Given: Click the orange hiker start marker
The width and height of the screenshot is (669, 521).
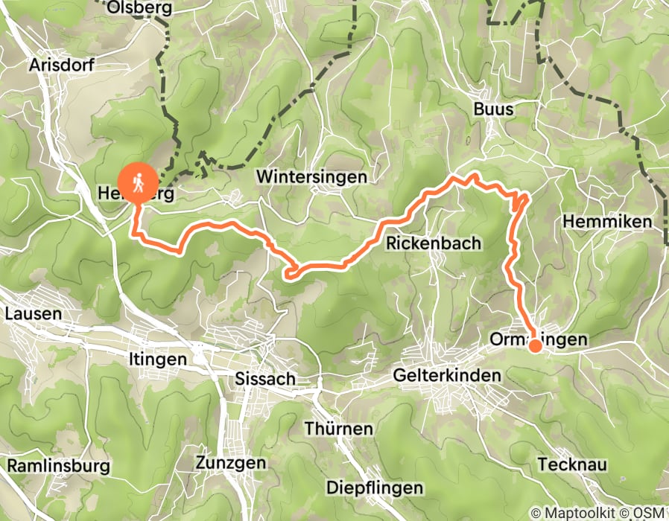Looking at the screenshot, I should [x=138, y=182].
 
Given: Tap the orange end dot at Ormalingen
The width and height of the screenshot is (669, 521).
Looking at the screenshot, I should [x=535, y=345].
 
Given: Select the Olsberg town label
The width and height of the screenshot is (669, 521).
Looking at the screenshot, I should [x=139, y=8].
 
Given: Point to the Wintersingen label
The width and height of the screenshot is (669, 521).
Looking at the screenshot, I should [x=311, y=176].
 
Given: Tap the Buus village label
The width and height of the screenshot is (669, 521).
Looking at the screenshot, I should [x=493, y=109].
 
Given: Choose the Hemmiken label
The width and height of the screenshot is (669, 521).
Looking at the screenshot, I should [x=607, y=221].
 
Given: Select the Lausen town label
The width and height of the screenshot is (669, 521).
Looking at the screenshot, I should [x=33, y=313].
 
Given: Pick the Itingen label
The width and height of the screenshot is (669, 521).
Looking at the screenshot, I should [x=156, y=359].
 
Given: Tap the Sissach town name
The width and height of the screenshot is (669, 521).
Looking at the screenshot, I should [x=264, y=379].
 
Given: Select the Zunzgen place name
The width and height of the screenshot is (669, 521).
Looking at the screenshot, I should [x=230, y=462].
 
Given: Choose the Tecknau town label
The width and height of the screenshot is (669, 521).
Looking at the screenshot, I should [x=580, y=464].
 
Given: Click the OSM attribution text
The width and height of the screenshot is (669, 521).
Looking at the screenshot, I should [x=648, y=513].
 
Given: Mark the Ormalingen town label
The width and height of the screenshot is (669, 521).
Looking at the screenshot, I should [x=539, y=339].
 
